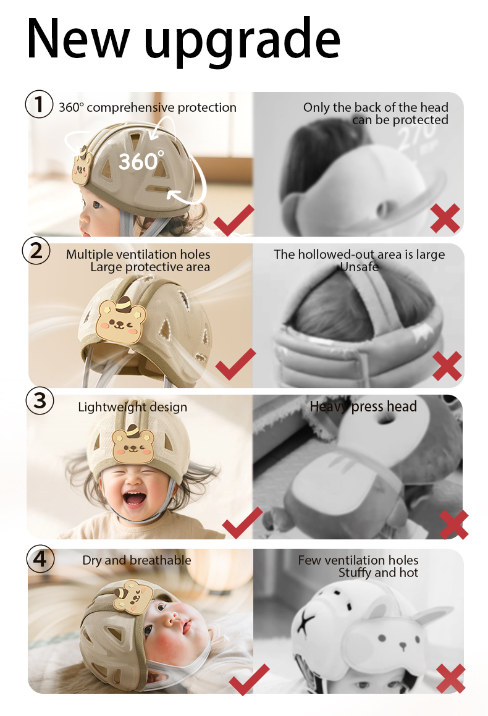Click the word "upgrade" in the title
click(242, 41)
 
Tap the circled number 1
click(39, 104)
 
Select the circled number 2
click(36, 251)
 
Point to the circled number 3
click(40, 400)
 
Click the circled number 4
click(40, 558)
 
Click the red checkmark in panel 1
click(233, 220)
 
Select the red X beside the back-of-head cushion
click(445, 218)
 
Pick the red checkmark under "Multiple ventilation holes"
click(235, 364)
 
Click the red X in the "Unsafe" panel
click(447, 366)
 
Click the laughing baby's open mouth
click(134, 499)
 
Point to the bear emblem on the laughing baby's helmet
click(133, 444)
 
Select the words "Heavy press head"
click(363, 406)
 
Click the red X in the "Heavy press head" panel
click(454, 524)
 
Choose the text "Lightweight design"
click(132, 407)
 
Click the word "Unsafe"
click(360, 267)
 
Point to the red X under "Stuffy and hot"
click(451, 678)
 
